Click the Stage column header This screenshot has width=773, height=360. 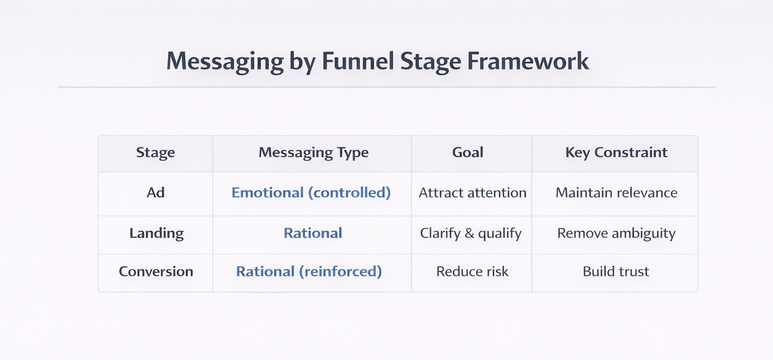156,153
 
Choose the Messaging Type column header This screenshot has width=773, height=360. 313,153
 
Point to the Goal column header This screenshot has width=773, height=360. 468,153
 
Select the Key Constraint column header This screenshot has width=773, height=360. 616,153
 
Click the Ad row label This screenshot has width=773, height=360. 156,193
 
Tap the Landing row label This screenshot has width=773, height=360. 157,233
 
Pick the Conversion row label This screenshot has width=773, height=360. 156,271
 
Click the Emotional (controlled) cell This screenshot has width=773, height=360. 311,193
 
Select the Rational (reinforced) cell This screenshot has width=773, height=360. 309,271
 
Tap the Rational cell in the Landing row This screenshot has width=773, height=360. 313,233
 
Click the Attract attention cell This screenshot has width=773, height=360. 472,193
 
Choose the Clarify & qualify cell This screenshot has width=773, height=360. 471,233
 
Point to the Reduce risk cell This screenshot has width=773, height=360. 472,271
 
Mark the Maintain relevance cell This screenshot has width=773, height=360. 616,193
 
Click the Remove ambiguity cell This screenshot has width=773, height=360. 616,233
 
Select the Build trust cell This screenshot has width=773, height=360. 615,271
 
